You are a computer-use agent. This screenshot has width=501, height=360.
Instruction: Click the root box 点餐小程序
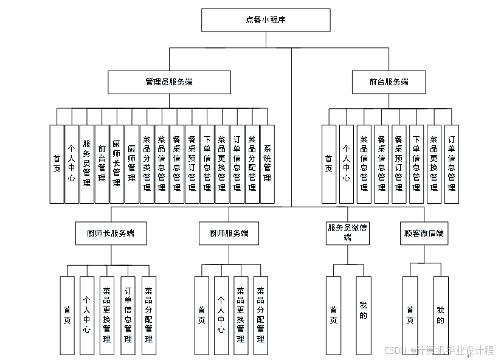[x=266, y=20]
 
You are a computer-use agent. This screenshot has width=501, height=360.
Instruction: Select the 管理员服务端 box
[x=169, y=82]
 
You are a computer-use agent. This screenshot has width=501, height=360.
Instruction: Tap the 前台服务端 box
[x=389, y=82]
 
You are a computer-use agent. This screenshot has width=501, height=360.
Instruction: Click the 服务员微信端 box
[x=347, y=233]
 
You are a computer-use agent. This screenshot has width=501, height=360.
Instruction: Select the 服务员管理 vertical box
[x=87, y=164]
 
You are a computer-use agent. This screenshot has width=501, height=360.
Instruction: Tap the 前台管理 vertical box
[x=102, y=164]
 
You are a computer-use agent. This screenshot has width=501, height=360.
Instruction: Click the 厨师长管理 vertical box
[x=117, y=164]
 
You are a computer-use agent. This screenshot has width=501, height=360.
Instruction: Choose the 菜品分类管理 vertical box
[x=147, y=164]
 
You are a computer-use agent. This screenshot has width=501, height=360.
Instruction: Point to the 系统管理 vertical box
[x=267, y=164]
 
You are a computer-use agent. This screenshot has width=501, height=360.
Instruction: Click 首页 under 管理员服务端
[x=57, y=164]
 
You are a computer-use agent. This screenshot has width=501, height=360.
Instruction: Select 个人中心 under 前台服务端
[x=346, y=164]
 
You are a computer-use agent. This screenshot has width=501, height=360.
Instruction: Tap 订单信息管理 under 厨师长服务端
[x=128, y=315]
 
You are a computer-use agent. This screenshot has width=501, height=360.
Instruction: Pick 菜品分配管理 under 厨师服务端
[x=260, y=315]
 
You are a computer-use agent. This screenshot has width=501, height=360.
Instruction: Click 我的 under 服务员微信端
[x=363, y=315]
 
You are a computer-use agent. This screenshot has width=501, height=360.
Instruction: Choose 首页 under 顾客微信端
[x=410, y=315]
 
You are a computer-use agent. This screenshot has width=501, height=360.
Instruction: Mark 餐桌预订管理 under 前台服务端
[x=399, y=164]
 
